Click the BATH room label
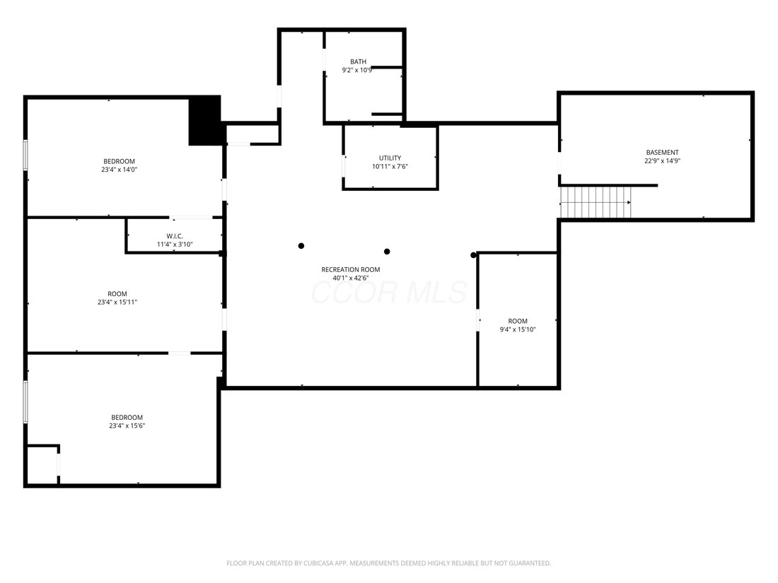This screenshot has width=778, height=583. (x=359, y=62)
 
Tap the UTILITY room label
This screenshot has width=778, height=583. (x=390, y=158)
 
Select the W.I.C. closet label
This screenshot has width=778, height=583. (x=175, y=236)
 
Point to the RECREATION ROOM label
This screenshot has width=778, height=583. (x=351, y=270)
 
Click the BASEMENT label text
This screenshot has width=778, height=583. (x=663, y=152)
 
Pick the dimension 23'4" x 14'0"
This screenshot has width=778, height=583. (x=119, y=170)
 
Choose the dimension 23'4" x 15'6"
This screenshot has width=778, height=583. (x=127, y=426)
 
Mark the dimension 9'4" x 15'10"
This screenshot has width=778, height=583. (x=518, y=330)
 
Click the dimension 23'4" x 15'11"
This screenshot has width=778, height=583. (x=117, y=302)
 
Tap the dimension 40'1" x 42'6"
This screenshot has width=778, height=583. (x=351, y=278)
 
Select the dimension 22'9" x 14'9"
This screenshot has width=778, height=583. (x=663, y=160)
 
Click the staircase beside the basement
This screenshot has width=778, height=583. (x=596, y=202)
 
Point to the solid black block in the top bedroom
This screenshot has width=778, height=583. (x=204, y=120)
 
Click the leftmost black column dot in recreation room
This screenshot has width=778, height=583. (x=301, y=246)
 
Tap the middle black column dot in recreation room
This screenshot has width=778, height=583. (x=387, y=252)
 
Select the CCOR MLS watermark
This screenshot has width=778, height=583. (x=390, y=293)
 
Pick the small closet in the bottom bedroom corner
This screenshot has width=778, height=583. (x=42, y=465)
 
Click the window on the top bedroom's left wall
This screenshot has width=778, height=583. (x=25, y=155)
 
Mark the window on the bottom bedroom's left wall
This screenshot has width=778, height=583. (x=25, y=401)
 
